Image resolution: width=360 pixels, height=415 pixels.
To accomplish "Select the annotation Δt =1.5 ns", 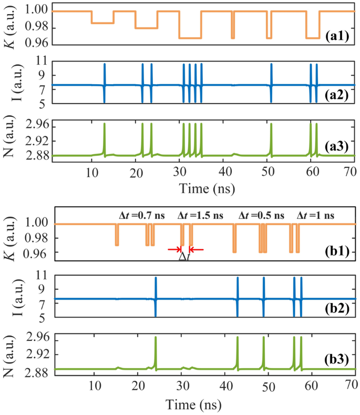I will [200, 216].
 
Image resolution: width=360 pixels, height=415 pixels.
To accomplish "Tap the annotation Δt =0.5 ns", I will [261, 216].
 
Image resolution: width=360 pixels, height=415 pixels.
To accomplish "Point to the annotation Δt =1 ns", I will [316, 216].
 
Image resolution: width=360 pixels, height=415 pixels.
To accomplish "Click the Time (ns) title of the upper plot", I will [207, 188].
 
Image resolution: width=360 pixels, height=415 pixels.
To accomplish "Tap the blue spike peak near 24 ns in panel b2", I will [156, 278].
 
